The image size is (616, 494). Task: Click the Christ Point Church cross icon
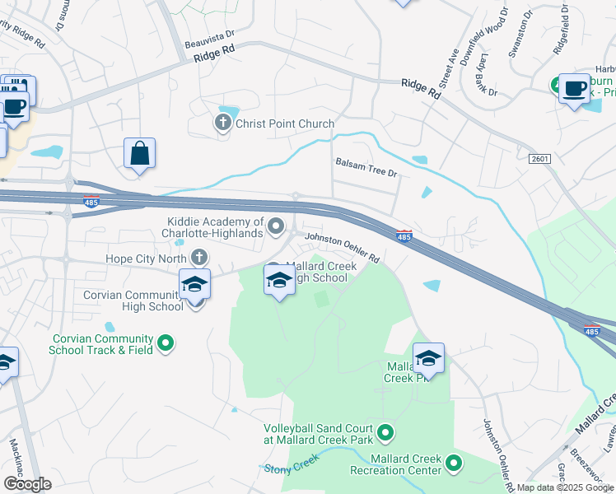[222, 123]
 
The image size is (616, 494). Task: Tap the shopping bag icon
[140, 153]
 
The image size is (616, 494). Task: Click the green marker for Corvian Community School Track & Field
[166, 342]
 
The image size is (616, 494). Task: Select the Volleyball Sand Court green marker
[384, 431]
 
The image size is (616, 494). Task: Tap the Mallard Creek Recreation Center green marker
[453, 464]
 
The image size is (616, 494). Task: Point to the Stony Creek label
[290, 468]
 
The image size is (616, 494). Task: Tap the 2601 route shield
[539, 158]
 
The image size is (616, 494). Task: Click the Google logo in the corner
[28, 484]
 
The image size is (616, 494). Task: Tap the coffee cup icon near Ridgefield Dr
[574, 88]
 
